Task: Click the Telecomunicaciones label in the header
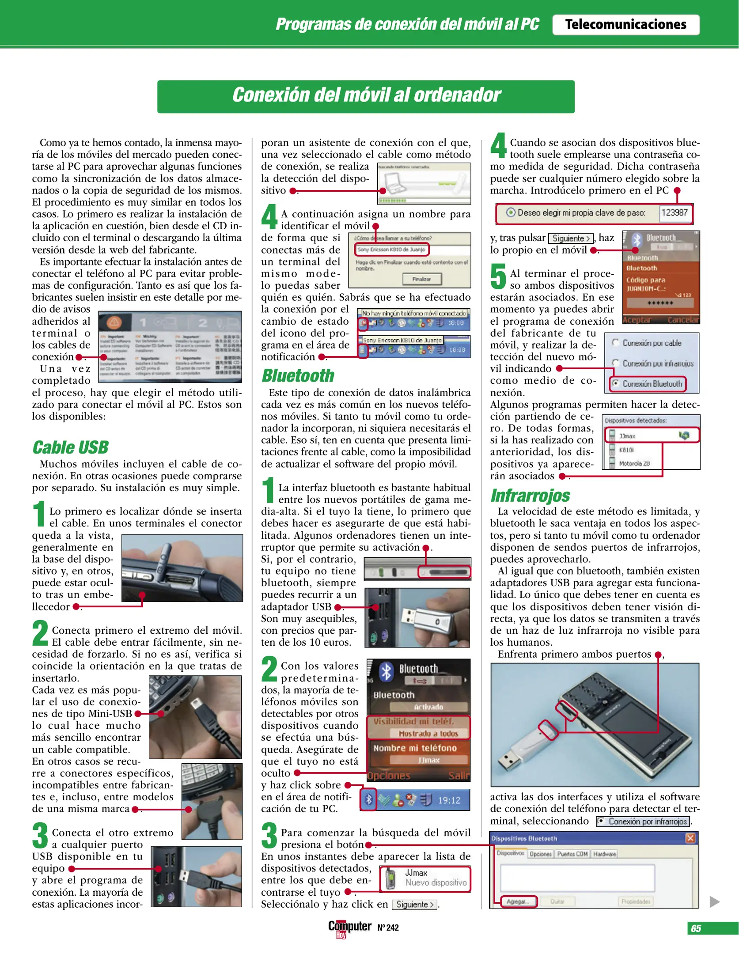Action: click(625, 25)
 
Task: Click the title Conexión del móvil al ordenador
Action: click(366, 95)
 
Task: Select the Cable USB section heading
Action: click(70, 447)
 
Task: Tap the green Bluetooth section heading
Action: click(298, 375)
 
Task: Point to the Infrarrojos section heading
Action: click(530, 496)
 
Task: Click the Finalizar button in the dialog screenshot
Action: click(422, 279)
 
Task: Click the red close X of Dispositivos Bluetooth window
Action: click(690, 838)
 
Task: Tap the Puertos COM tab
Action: click(572, 854)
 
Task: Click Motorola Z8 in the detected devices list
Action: click(634, 463)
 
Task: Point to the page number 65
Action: click(696, 928)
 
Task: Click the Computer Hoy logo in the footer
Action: click(349, 927)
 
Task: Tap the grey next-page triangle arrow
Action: click(714, 901)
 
